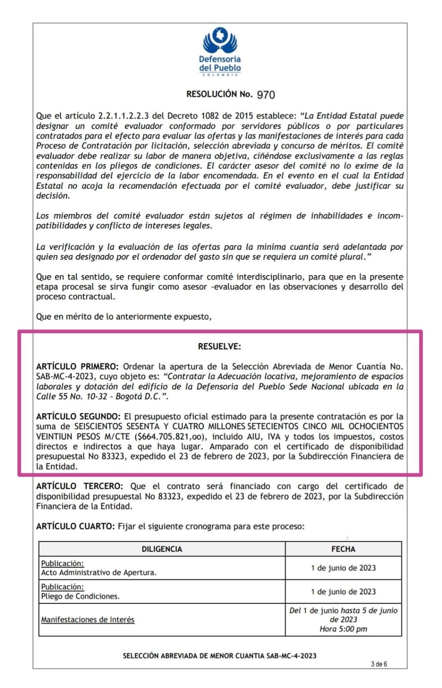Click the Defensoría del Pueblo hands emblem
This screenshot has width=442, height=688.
(x=220, y=40)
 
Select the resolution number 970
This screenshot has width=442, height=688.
(x=266, y=95)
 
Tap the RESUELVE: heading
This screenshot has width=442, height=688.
(x=219, y=346)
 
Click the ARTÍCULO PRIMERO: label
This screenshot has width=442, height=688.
(x=77, y=366)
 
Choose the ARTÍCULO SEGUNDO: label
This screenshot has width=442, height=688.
(x=78, y=416)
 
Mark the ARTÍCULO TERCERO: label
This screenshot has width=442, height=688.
(x=79, y=486)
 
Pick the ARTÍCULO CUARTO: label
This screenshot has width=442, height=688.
(x=75, y=526)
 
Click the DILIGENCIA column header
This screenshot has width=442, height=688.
(x=162, y=549)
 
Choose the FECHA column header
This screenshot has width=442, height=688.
(x=343, y=549)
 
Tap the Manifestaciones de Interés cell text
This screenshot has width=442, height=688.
(x=88, y=620)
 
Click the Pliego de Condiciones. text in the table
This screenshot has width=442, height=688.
(x=80, y=596)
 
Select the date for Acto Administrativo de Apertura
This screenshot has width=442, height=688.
(x=343, y=568)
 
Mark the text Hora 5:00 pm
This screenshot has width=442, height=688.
(x=343, y=629)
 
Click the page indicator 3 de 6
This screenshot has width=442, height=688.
(x=379, y=664)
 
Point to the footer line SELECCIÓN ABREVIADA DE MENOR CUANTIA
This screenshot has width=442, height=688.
(x=219, y=656)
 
